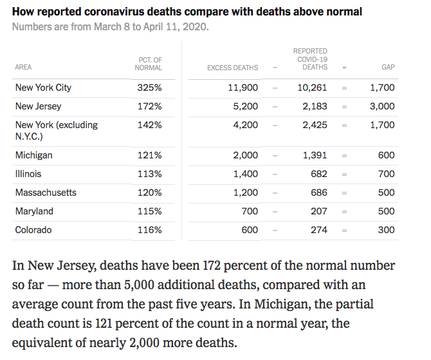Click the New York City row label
coord(43,88)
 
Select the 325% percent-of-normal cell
coord(149,88)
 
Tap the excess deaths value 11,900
coord(243,88)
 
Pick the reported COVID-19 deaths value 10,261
coord(312,88)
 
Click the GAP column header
coord(387,68)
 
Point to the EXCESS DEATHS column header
coord(232,68)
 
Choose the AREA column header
coord(23,68)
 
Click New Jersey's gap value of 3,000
coord(382,106)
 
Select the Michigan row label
coord(34,155)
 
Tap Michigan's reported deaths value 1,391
coord(315,155)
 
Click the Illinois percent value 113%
coord(149,174)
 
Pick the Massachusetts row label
coord(46,193)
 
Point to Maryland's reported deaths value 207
coord(319,211)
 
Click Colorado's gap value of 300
coord(387,230)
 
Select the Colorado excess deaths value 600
coord(249,230)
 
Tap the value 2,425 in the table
coord(315,125)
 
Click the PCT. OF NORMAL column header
coord(149,64)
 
